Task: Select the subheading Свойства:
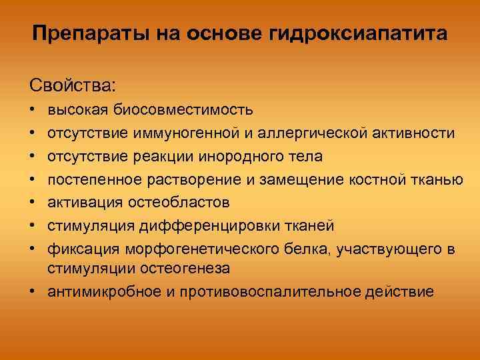click(72, 85)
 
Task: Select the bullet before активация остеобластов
click(33, 201)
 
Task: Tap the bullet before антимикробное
click(33, 291)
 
